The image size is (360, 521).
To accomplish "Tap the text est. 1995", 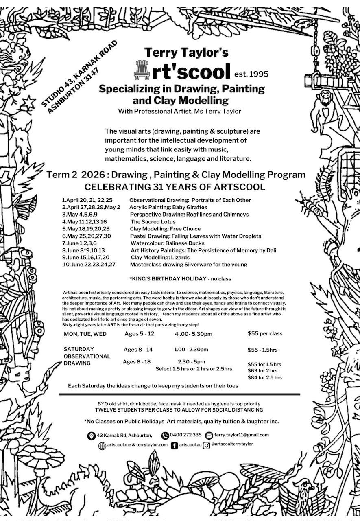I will (x=251, y=74).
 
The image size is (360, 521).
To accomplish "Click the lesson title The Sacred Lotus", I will (x=153, y=222).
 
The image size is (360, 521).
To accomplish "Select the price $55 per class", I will (x=265, y=333).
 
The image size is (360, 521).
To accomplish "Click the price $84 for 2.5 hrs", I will (x=264, y=377).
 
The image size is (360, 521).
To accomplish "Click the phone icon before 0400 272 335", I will (x=165, y=435).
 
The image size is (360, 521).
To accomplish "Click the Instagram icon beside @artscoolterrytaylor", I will (x=206, y=445).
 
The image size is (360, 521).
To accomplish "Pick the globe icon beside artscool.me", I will (x=102, y=446).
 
